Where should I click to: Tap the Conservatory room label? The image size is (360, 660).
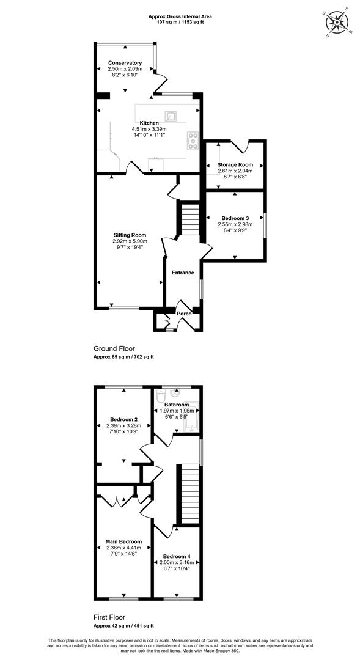[125, 63]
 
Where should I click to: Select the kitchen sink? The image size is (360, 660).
[172, 116]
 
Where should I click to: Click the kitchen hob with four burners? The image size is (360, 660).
[193, 141]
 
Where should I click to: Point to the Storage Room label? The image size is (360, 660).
[235, 164]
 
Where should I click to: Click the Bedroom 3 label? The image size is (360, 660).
[235, 218]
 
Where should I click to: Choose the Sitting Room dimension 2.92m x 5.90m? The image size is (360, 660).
[129, 241]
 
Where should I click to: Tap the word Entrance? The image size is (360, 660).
[183, 273]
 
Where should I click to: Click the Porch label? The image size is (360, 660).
[184, 313]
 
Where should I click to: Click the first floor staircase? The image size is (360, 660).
[190, 493]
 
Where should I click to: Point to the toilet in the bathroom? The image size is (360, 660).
[160, 396]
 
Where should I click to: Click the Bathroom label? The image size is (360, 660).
[177, 405]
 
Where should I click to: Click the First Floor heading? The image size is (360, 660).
[109, 617]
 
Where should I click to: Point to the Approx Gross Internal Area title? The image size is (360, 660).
[180, 17]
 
